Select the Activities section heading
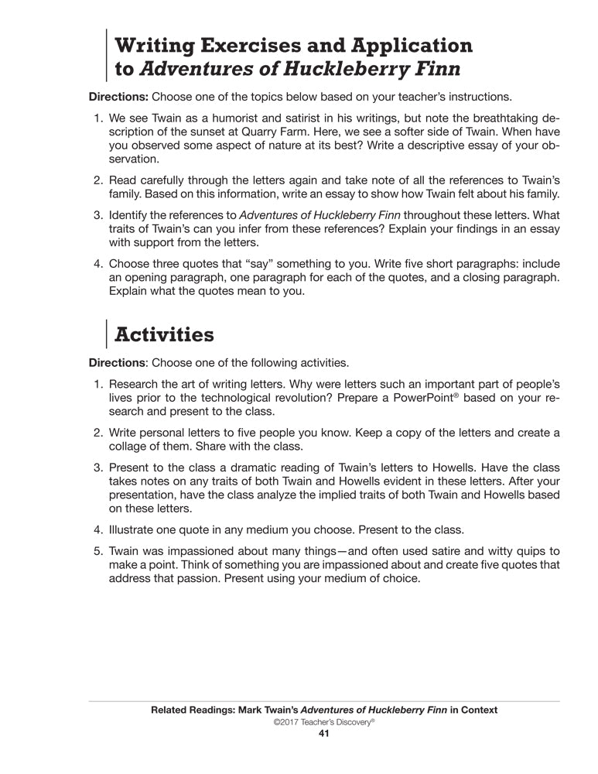[x=163, y=334]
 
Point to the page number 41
[x=324, y=735]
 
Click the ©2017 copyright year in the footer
[x=285, y=722]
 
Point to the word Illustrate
[x=135, y=530]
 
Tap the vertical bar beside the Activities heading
[x=105, y=334]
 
